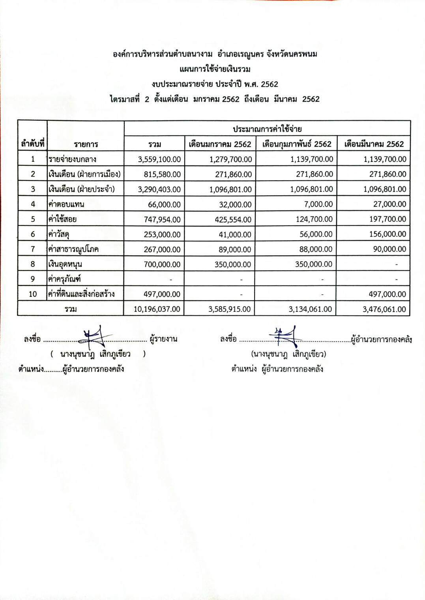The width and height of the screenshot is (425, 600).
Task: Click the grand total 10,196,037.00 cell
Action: click(x=157, y=309)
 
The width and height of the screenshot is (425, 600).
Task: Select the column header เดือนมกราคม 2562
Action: click(x=220, y=144)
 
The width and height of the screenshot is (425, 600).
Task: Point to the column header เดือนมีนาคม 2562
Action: click(x=374, y=144)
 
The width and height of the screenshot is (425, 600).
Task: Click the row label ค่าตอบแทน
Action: click(x=66, y=204)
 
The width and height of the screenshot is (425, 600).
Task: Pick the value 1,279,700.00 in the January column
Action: click(x=231, y=159)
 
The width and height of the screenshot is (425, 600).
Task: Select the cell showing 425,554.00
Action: click(x=233, y=219)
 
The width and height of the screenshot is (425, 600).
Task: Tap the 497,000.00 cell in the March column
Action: click(x=384, y=294)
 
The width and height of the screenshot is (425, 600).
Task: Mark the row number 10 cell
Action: click(x=32, y=294)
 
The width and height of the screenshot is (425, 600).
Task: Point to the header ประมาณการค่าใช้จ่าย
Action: click(x=267, y=129)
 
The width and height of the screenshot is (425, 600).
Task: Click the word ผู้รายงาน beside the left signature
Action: click(x=163, y=339)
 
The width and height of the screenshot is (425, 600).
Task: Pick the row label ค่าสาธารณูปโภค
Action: click(x=73, y=249)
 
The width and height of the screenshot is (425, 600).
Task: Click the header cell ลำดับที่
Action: click(x=32, y=144)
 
